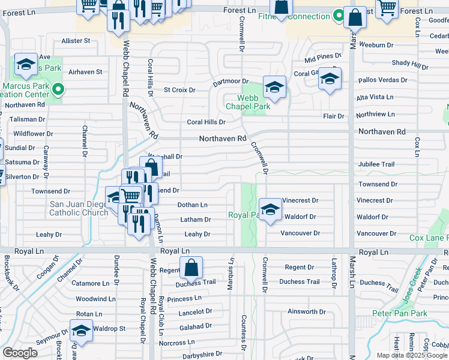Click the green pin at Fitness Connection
coord(340,16)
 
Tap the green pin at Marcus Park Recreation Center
coord(58,91)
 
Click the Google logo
coord(20,353)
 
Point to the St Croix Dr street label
coord(180,90)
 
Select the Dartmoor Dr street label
coord(231,81)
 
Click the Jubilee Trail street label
coord(376,164)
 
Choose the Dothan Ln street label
coord(192,205)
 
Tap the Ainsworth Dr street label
coord(306,311)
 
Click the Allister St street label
coord(76,41)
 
